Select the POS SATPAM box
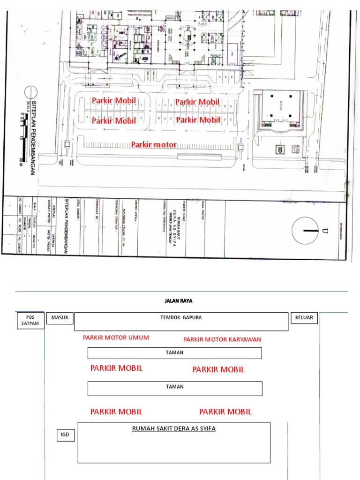click(30, 321)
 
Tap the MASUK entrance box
click(60, 318)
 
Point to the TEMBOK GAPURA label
click(181, 318)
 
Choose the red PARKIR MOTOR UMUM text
click(116, 337)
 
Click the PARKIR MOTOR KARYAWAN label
click(222, 339)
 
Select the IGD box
click(65, 435)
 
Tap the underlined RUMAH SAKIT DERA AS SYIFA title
click(174, 428)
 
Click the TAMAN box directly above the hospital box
click(174, 388)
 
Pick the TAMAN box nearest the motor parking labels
click(174, 353)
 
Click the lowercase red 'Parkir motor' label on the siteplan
click(154, 145)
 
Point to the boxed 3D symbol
click(280, 149)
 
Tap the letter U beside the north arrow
click(324, 231)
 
